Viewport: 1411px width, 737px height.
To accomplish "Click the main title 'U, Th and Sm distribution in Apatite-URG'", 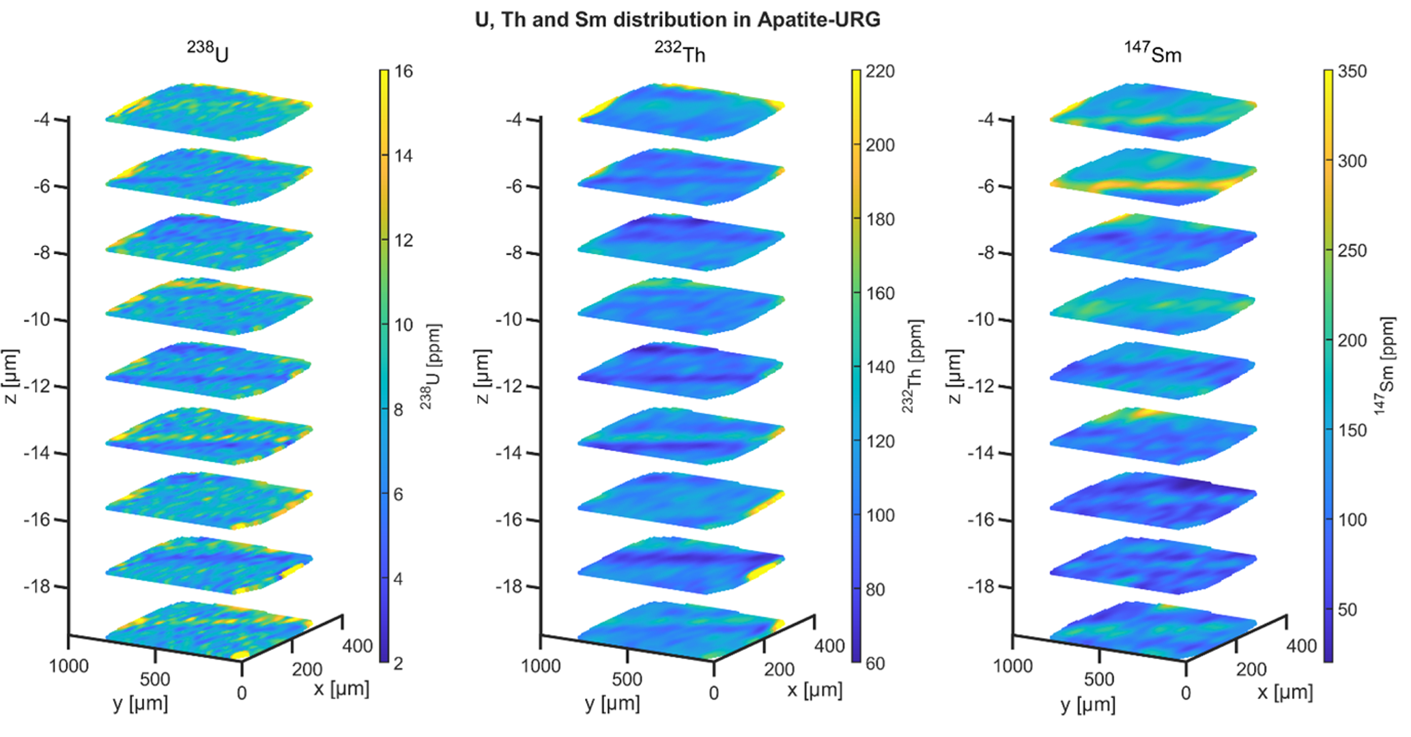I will pos(677,19).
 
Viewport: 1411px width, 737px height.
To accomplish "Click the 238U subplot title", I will pos(208,52).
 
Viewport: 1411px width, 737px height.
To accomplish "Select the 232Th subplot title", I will pos(680,52).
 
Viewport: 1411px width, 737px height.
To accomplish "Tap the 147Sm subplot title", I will pos(1153,52).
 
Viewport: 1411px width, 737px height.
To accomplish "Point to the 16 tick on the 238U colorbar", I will pos(403,72).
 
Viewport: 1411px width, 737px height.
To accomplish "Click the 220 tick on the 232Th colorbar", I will pos(880,72).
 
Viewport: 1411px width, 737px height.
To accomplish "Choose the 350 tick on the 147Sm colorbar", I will pos(1352,72).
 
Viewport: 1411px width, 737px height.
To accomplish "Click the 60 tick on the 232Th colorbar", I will pos(875,663).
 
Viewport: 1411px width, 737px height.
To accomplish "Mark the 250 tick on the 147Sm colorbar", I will pos(1352,250).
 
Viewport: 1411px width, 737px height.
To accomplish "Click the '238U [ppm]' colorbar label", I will pos(431,366).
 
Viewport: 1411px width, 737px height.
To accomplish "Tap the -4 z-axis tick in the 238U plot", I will pos(42,120).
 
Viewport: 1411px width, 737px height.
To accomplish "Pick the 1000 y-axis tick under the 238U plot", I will pos(68,665).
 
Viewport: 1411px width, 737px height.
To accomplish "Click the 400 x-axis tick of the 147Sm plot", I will pos(1301,646).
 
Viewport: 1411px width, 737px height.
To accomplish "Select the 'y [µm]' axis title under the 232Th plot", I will pos(612,704).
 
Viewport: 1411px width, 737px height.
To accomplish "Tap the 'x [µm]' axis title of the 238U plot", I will pos(341,689).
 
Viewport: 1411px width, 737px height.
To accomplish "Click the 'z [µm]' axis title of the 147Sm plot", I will pos(955,377).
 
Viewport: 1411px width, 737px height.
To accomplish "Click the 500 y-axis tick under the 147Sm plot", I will pos(1098,679).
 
